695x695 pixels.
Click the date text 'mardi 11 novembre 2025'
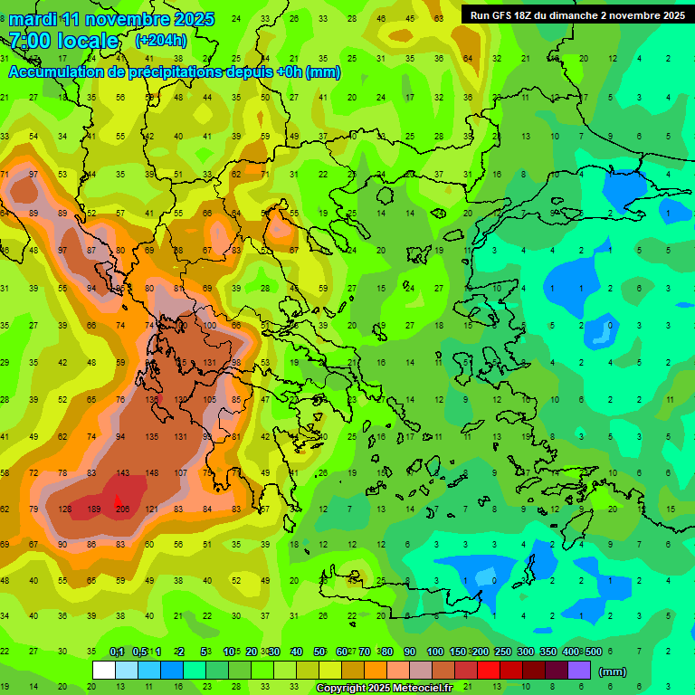click(111, 19)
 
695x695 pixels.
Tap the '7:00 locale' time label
click(63, 41)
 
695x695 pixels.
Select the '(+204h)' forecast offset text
click(161, 41)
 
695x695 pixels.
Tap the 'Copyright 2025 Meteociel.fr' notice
click(384, 689)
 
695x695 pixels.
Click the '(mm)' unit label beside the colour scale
click(613, 671)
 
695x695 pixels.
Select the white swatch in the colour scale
click(104, 671)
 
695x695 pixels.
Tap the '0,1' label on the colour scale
click(117, 652)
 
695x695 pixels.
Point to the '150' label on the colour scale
click(458, 652)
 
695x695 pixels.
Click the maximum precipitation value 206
click(123, 509)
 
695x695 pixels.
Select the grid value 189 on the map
click(93, 509)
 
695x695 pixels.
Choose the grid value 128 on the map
click(64, 509)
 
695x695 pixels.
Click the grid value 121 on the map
click(152, 509)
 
